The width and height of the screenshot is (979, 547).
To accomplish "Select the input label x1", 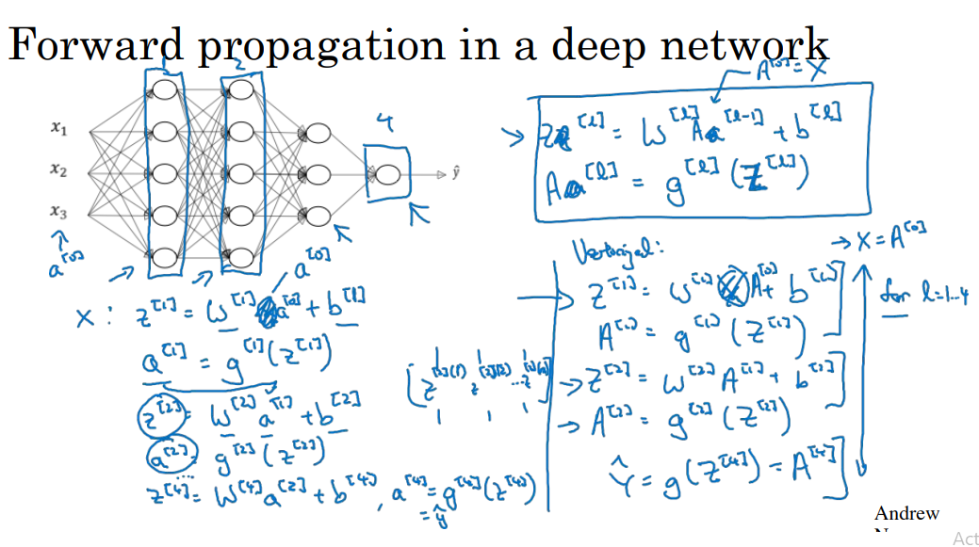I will point(58,129).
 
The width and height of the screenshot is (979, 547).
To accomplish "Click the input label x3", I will point(58,213).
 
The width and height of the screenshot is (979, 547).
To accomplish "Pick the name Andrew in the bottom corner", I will point(906,514).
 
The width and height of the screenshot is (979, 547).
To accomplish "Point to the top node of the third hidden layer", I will point(317,133).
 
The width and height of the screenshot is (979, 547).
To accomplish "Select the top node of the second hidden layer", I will point(240,90).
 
